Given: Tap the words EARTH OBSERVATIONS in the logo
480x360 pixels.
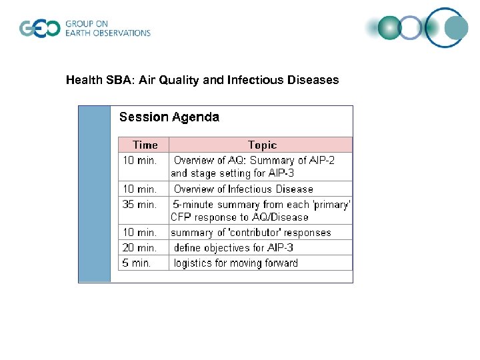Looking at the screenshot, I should (107, 33).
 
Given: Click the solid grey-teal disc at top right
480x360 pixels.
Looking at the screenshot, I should (457, 28).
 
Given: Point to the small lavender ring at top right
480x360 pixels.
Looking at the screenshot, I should (411, 28).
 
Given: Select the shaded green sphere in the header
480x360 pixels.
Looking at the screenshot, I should (389, 28).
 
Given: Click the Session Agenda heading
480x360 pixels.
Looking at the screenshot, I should (169, 117).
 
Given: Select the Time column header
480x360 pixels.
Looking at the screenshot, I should (145, 145).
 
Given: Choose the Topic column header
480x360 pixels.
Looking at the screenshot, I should (262, 145).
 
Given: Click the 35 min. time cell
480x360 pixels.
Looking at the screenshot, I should (139, 204).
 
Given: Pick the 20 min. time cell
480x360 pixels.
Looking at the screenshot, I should (139, 247).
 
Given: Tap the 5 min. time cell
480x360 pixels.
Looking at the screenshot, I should (137, 263).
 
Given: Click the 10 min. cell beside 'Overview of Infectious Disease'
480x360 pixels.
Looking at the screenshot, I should (139, 189).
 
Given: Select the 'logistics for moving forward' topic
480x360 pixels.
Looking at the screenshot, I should (236, 263).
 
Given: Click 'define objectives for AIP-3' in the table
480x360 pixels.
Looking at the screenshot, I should (233, 247).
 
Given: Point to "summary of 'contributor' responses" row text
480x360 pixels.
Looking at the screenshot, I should (251, 233).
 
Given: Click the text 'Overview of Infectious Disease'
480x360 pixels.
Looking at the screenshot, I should (243, 189).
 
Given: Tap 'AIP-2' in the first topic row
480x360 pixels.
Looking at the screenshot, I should (323, 160).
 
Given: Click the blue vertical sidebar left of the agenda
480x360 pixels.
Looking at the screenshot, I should (95, 193).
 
